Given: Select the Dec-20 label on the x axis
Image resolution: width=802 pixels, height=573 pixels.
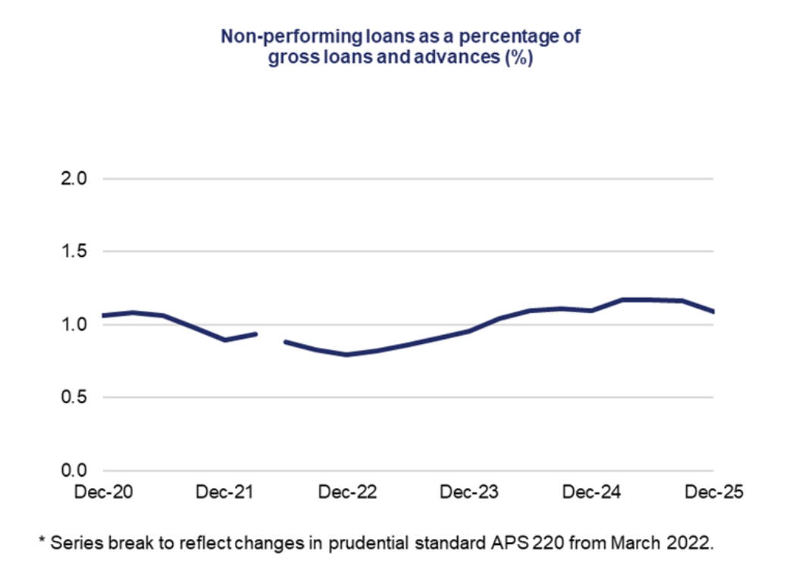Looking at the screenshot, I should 104,493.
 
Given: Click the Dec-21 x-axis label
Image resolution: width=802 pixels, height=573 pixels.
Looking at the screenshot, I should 224,493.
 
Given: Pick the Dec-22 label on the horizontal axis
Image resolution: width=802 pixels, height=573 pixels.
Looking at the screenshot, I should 347,493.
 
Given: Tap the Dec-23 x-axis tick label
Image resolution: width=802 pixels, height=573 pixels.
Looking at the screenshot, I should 469,493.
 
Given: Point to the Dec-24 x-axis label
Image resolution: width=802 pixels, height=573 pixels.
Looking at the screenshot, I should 591,493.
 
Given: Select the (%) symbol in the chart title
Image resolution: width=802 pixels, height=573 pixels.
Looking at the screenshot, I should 519,58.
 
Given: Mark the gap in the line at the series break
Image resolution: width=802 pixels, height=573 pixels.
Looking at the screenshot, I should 271,338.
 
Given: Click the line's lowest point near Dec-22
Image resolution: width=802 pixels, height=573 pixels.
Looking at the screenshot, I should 347,355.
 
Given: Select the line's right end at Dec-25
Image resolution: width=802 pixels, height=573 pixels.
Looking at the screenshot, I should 713,312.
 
